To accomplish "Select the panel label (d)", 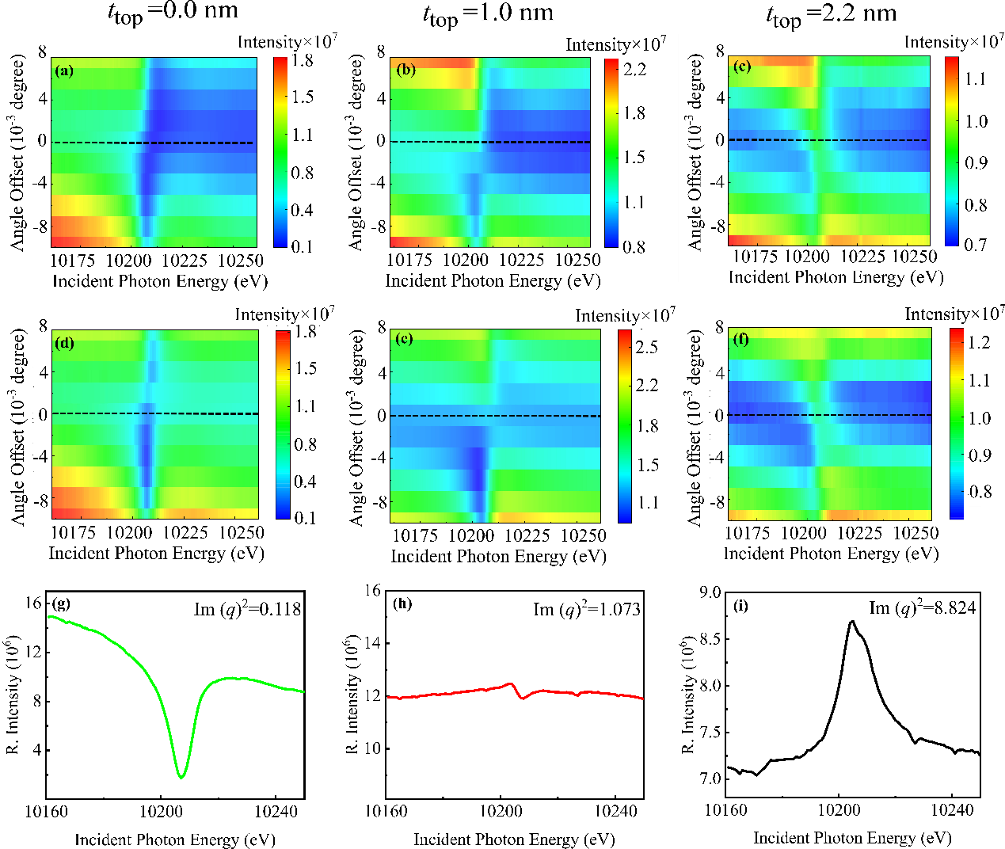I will coord(65,343).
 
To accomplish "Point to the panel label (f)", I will coord(741,340).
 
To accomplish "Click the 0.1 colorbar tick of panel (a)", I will coord(302,246).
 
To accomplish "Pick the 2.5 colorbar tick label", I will coord(647,347).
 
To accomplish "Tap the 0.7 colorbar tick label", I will coord(976,244).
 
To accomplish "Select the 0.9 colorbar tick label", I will coord(976,162).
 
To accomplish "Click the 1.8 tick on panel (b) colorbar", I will coord(634,113).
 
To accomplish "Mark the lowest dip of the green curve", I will coord(182,777).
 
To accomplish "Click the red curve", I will coord(475,691).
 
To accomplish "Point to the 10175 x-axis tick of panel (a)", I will coord(73,260).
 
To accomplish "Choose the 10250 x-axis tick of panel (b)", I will coord(577,260).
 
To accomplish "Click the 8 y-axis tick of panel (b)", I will coord(381,52).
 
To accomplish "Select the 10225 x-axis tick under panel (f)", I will coord(859,533).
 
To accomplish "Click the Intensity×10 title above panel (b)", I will coord(612,45).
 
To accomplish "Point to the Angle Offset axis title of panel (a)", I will coord(18,150).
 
